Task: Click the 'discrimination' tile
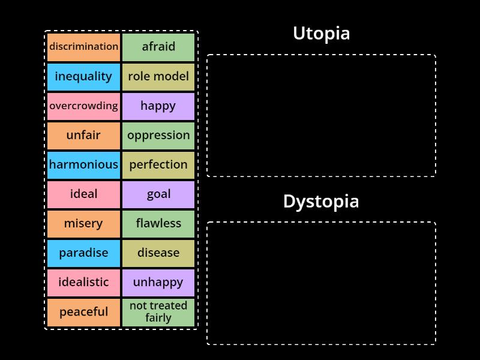coord(83,47)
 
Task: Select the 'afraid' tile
coord(158,47)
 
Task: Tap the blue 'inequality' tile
coord(83,76)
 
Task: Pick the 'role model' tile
coord(158,76)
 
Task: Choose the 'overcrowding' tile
coord(83,106)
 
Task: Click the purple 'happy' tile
coord(158,106)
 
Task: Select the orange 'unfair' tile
coord(83,135)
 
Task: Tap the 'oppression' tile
coord(158,135)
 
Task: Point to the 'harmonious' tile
coord(83,164)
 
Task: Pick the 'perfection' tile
coord(158,164)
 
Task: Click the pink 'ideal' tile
coord(83,194)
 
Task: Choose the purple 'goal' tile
coord(158,194)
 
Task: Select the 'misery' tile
coord(83,223)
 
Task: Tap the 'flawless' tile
coord(158,223)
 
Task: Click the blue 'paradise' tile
coord(83,253)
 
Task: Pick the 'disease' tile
coord(158,253)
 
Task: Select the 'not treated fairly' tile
coord(158,312)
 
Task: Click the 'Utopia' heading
coord(321,34)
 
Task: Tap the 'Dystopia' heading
coord(321,202)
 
